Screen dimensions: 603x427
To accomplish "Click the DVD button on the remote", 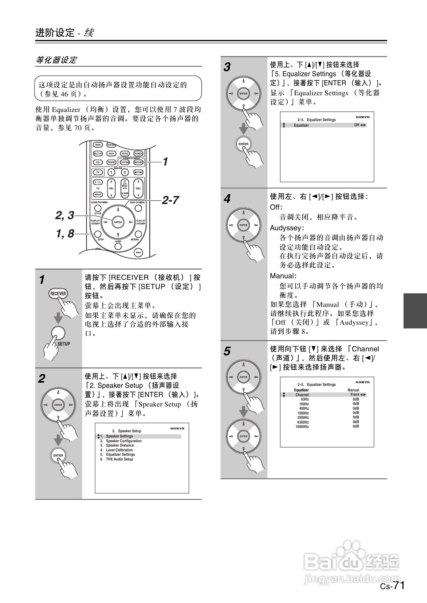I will tap(98, 145).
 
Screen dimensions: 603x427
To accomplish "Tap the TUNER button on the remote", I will tap(138, 153).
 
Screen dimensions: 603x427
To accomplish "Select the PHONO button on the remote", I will tap(111, 162).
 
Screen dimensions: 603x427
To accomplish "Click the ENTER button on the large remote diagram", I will tap(118, 222).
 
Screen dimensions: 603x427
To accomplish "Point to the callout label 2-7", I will tap(170, 200).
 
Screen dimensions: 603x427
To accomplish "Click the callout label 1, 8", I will tap(65, 234).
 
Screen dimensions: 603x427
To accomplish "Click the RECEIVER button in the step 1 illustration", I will tap(58, 294).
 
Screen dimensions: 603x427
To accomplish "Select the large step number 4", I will tap(227, 198).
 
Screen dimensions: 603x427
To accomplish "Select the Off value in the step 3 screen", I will tap(356, 125).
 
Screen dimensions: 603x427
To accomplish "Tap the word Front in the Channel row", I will tap(354, 395).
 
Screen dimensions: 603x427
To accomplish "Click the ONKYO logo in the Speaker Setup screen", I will tap(177, 428).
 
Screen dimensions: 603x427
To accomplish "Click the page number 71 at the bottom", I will tap(399, 586).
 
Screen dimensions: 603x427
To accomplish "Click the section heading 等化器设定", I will tap(56, 60).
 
